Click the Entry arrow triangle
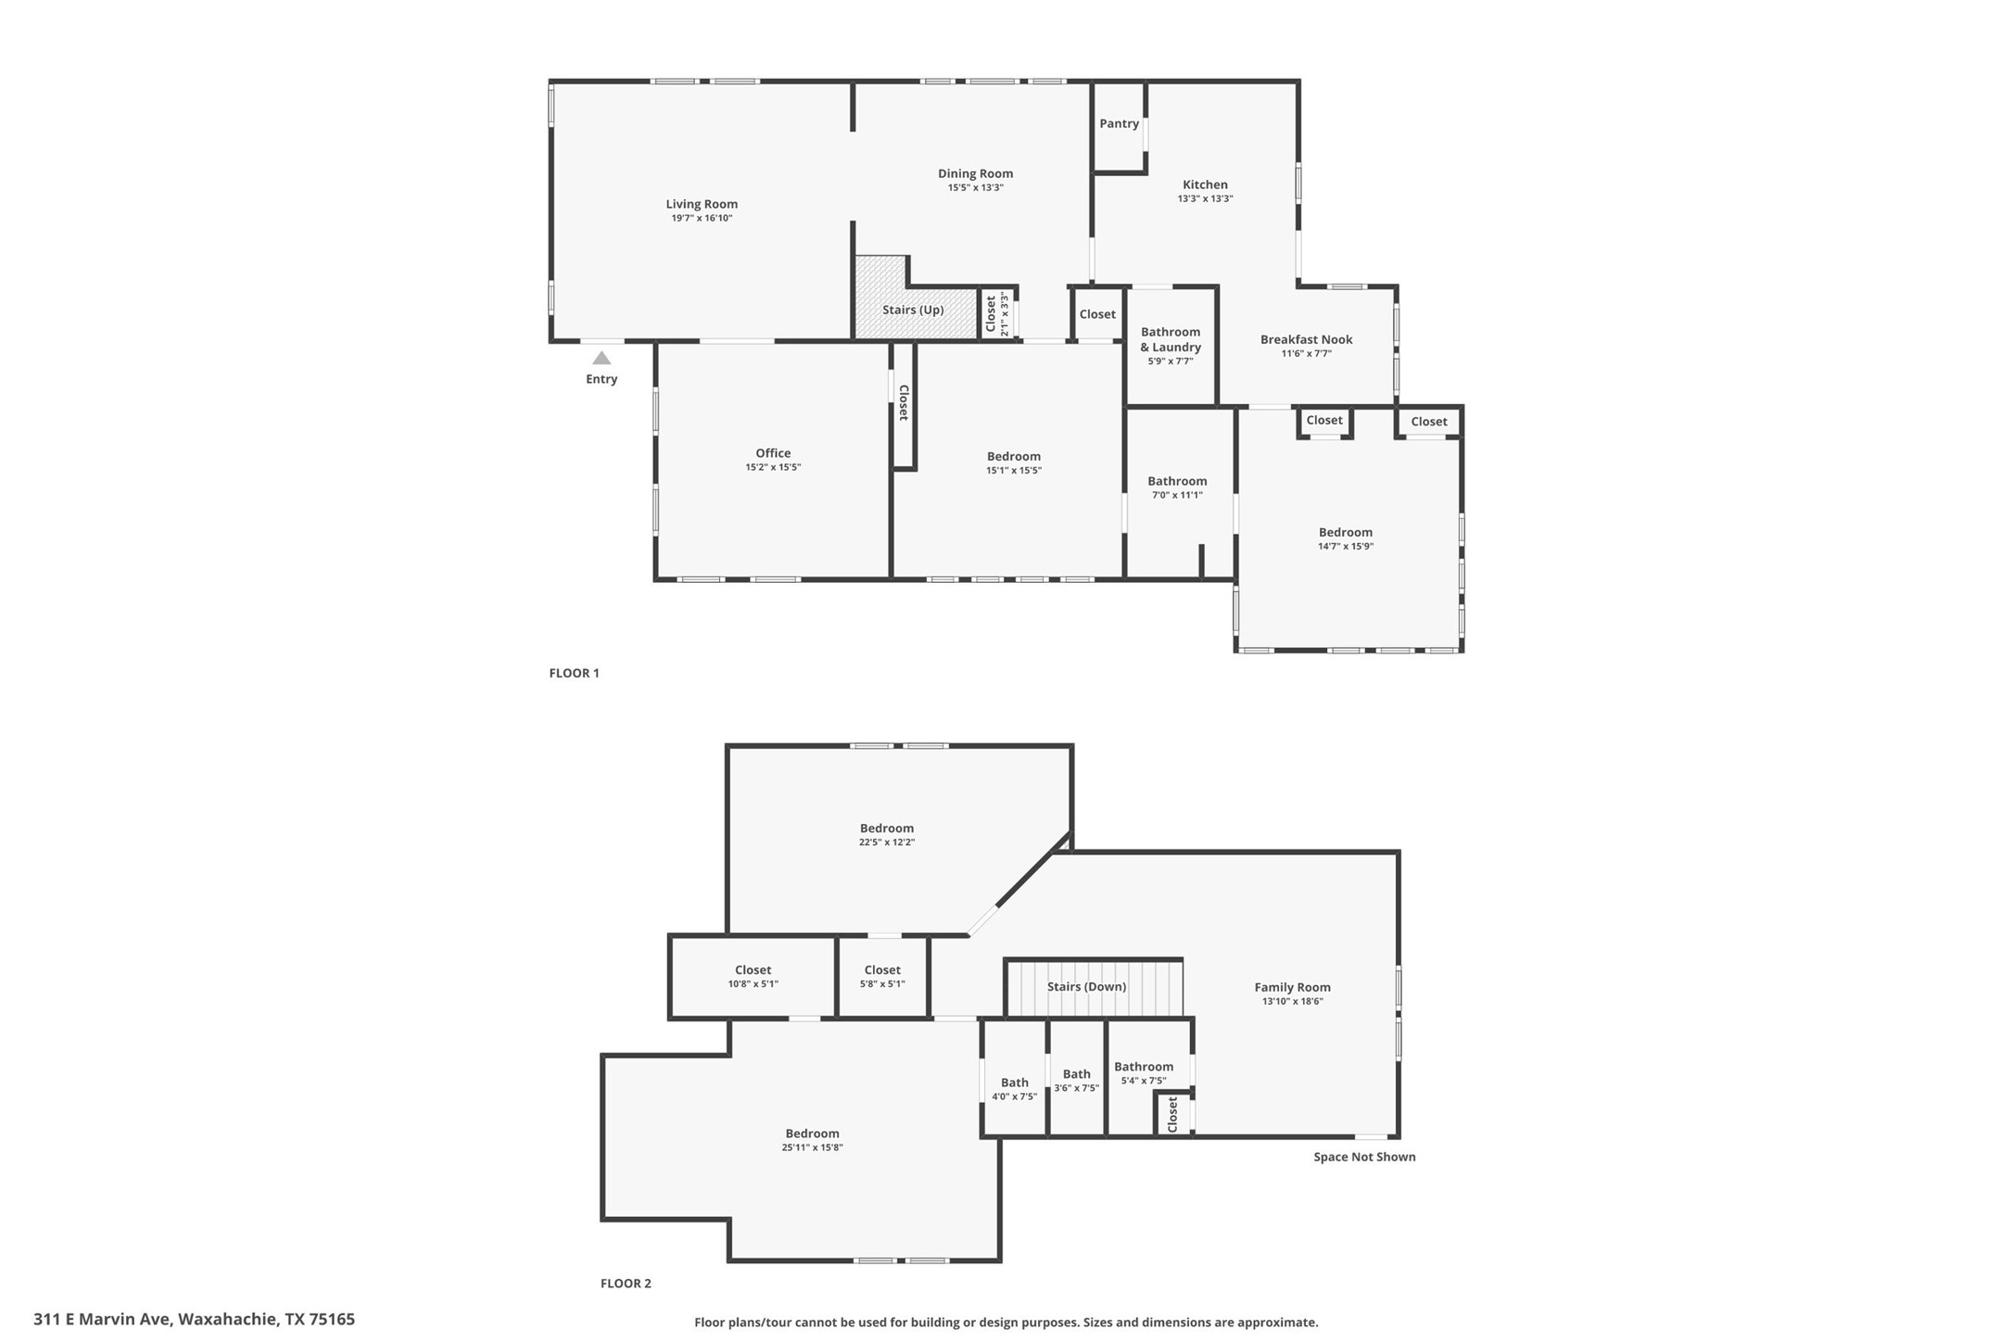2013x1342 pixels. coord(601,359)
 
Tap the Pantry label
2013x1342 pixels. coord(1119,124)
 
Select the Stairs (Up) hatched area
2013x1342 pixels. coord(913,310)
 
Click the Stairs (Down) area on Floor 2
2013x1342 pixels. coord(1086,987)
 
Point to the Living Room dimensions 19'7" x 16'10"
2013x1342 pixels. coord(702,219)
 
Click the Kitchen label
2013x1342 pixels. coord(1205,185)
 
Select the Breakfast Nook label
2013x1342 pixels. coord(1306,340)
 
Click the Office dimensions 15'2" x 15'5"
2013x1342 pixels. coord(772,468)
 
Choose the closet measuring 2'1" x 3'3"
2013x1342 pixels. coord(996,313)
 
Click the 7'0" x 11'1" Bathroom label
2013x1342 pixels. coord(1177,482)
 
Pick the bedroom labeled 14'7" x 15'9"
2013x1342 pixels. coord(1345,533)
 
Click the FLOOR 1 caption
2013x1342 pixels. coord(574,674)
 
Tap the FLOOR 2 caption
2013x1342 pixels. coord(626,1284)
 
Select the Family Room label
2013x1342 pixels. coord(1292,988)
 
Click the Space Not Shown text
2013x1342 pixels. coord(1364,1157)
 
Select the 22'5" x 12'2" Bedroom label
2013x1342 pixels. coord(886,829)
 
